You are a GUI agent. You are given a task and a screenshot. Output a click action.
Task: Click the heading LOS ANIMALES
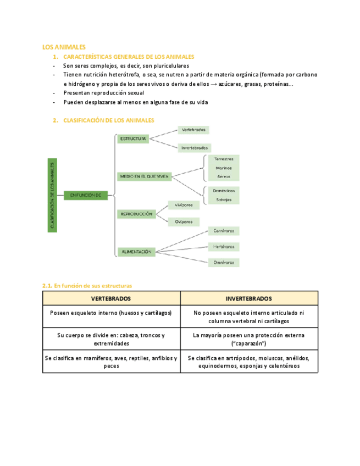pos(63,47)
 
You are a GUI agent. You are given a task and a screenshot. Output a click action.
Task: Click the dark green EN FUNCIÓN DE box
pos(86,195)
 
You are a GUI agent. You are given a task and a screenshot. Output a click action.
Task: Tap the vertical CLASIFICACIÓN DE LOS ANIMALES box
pos(52,195)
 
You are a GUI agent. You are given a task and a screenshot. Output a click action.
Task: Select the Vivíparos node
pos(184,204)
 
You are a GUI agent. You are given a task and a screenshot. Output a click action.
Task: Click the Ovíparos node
pos(184,221)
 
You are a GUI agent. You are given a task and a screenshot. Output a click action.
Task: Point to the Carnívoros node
pos(224,231)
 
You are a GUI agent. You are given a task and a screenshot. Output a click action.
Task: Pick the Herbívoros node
pos(224,247)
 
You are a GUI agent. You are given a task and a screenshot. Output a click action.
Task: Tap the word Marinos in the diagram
pos(224,168)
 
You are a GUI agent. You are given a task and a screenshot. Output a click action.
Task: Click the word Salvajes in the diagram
pos(224,199)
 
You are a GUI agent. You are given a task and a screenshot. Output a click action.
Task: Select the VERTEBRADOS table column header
pos(111,298)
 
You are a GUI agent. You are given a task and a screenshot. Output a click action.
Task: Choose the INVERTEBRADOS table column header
pos(248,298)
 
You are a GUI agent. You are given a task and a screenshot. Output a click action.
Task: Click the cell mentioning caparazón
pos(248,339)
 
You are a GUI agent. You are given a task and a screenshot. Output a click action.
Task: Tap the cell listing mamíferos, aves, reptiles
pos(111,362)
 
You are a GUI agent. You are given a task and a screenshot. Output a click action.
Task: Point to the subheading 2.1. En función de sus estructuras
pos(87,286)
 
